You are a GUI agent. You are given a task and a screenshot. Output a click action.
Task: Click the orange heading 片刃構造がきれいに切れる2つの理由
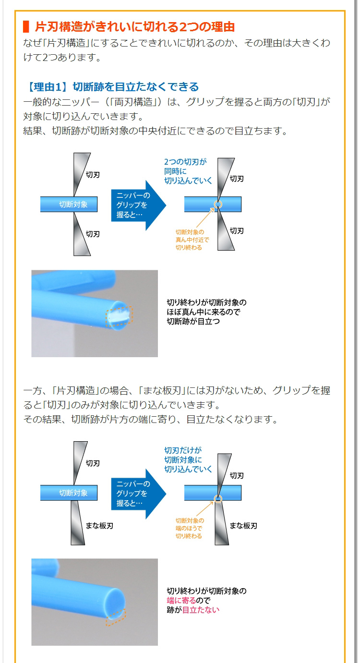(x=134, y=26)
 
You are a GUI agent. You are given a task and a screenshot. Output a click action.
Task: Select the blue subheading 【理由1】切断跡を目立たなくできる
(x=111, y=87)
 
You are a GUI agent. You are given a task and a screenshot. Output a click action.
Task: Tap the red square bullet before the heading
(x=26, y=26)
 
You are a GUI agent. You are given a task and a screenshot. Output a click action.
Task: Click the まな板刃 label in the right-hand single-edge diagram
(x=243, y=526)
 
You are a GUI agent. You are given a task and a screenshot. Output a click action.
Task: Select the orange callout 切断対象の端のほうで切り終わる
(x=190, y=528)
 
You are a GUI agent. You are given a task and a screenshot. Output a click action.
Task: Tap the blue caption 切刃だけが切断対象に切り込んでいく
(x=188, y=459)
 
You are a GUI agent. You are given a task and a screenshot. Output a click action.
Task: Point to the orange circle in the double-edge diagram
(x=217, y=205)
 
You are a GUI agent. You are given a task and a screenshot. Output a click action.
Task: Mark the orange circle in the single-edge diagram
(x=218, y=498)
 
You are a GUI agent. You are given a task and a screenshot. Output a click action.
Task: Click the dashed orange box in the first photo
(x=119, y=315)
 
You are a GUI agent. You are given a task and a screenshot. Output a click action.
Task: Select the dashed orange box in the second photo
(x=116, y=617)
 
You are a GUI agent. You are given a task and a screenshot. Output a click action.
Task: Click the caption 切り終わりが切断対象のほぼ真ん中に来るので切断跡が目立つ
(x=206, y=312)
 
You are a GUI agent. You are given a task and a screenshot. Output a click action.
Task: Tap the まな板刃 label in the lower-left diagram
(x=99, y=526)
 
